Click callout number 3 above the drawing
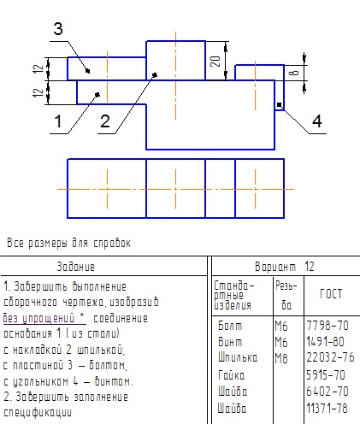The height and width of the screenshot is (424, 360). (58, 29)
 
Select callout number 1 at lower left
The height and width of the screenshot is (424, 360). (58, 121)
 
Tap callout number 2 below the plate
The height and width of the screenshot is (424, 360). (105, 121)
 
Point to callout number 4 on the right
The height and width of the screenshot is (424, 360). (317, 121)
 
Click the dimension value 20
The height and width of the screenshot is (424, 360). (215, 62)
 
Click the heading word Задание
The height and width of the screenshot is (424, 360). (75, 267)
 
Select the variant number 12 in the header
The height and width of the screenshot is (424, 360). (310, 267)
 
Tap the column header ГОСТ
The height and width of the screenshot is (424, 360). (331, 294)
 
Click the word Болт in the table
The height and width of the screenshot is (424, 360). (230, 326)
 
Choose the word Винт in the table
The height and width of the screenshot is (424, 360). (230, 342)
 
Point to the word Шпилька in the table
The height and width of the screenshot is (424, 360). (238, 357)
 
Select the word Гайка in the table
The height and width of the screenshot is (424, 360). (232, 375)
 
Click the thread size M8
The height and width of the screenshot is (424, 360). (281, 358)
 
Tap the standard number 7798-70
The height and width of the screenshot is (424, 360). (328, 326)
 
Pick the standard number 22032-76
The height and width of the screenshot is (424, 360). (330, 357)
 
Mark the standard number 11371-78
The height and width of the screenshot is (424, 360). (328, 408)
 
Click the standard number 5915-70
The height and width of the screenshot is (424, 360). (326, 375)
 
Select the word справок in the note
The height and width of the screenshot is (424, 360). (112, 244)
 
